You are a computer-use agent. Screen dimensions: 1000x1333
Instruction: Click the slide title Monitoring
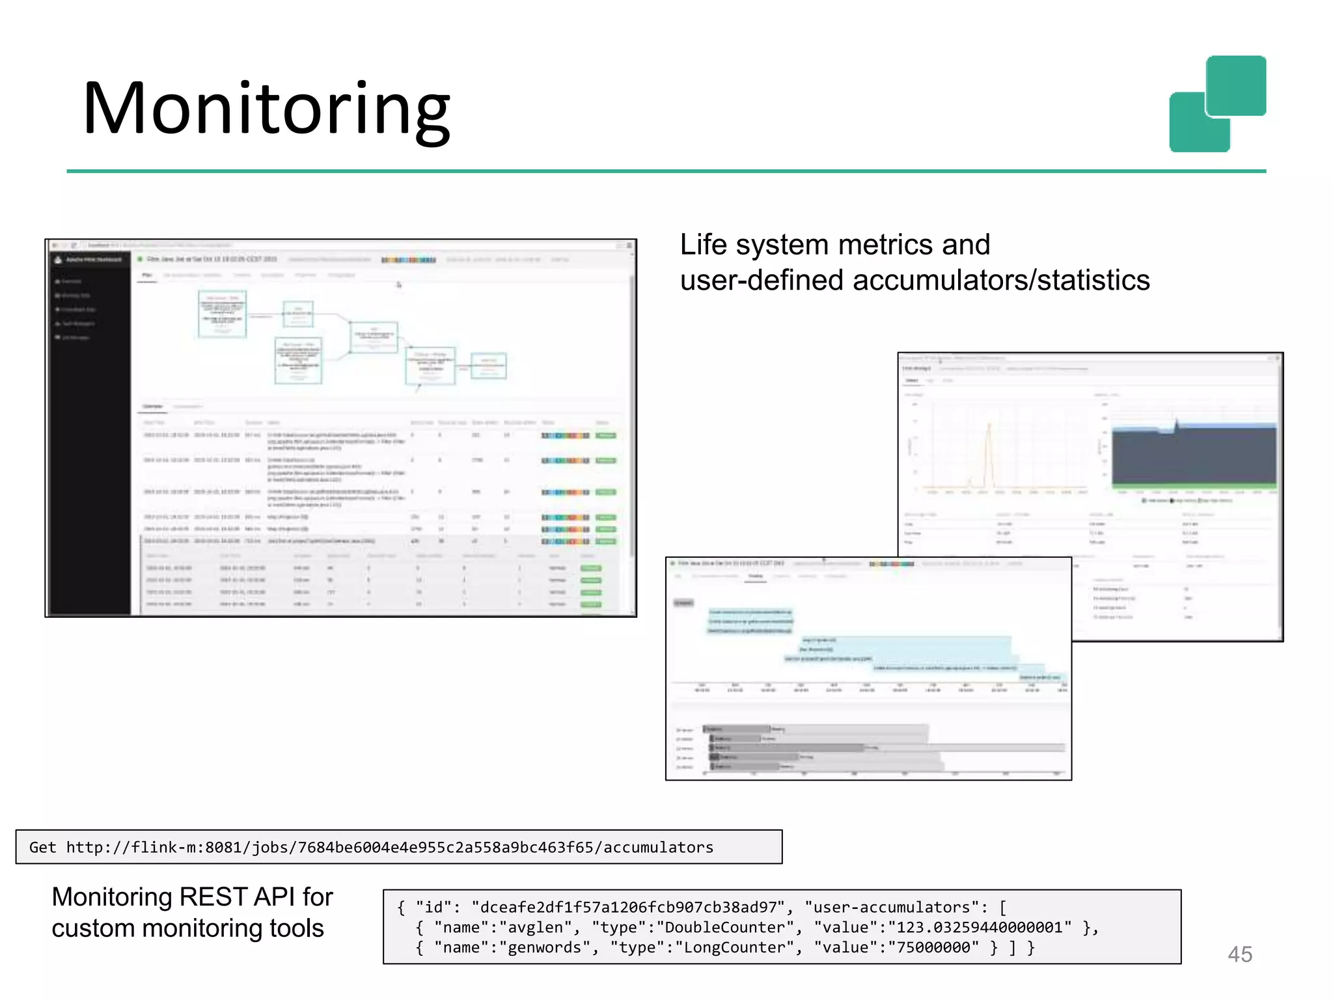(x=266, y=109)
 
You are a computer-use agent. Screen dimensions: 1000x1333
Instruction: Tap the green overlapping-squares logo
(x=1217, y=104)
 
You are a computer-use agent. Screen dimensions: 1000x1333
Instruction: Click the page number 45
(x=1239, y=954)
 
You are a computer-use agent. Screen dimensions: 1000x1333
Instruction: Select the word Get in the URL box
(x=42, y=847)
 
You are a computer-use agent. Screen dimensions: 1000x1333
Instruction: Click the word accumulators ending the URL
(x=658, y=847)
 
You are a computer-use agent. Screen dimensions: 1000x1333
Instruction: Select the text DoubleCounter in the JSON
(x=725, y=927)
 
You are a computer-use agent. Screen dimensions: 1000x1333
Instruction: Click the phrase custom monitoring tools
(x=187, y=928)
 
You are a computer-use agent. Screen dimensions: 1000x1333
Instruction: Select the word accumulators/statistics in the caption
(x=1001, y=281)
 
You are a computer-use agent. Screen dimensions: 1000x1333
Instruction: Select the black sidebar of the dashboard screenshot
(x=90, y=456)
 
